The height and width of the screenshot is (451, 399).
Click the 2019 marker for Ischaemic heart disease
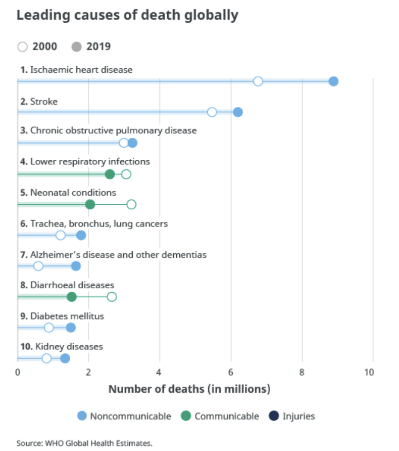tap(333, 81)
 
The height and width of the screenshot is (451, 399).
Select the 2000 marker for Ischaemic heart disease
tap(258, 81)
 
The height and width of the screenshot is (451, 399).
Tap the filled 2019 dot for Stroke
tap(238, 112)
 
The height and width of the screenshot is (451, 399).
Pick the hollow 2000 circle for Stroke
tap(212, 112)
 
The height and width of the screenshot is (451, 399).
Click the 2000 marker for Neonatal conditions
tap(131, 204)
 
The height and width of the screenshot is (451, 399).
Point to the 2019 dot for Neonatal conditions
tap(90, 204)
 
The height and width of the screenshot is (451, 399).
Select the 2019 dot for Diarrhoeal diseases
tap(72, 297)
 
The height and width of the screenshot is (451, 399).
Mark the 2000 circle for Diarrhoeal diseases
tap(112, 297)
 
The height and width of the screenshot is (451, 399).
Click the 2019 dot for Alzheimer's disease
tap(76, 266)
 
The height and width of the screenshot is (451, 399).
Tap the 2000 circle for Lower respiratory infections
tap(126, 174)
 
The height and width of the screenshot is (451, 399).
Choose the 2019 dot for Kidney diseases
tap(65, 358)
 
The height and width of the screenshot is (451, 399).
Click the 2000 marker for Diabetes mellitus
tap(48, 328)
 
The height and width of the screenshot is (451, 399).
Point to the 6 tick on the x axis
tap(231, 373)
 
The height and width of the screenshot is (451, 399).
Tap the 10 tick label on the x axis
tap(373, 373)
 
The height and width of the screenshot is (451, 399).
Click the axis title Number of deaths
tap(189, 389)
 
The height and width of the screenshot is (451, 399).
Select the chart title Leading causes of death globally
tap(127, 15)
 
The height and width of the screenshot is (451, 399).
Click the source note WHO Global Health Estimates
tap(84, 443)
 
